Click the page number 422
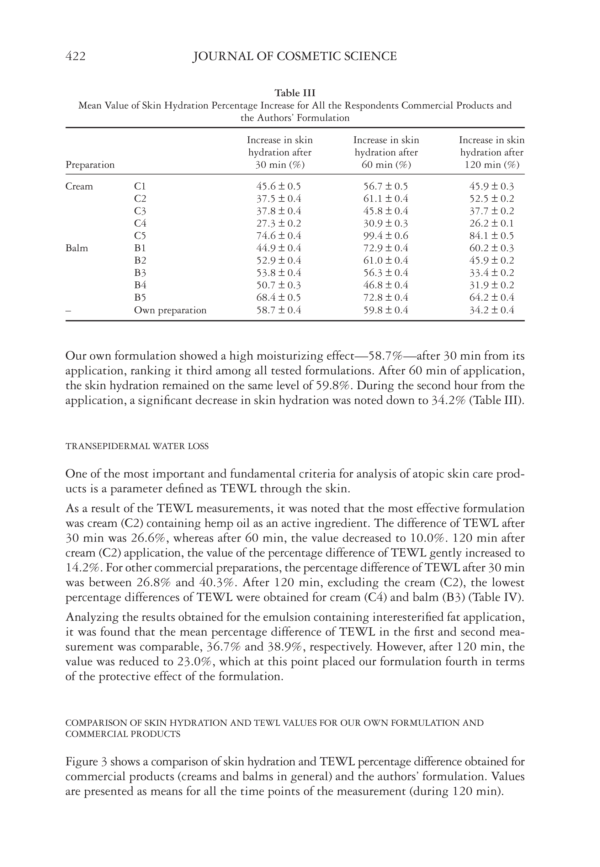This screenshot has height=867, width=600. point(75,57)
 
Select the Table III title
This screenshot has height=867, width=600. point(295,93)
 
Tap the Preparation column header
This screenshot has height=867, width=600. point(90,165)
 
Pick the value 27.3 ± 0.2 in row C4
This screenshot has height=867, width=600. point(278,223)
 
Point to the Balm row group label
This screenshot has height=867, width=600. point(77,248)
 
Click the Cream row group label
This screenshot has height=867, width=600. point(79,186)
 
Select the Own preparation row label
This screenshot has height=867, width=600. point(170,310)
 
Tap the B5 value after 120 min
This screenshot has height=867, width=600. point(492,297)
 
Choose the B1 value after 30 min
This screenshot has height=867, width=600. point(278,248)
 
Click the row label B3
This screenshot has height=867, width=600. point(140,273)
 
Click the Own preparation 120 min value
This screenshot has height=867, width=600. point(492,310)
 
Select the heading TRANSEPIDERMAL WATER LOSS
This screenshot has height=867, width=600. point(137,446)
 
